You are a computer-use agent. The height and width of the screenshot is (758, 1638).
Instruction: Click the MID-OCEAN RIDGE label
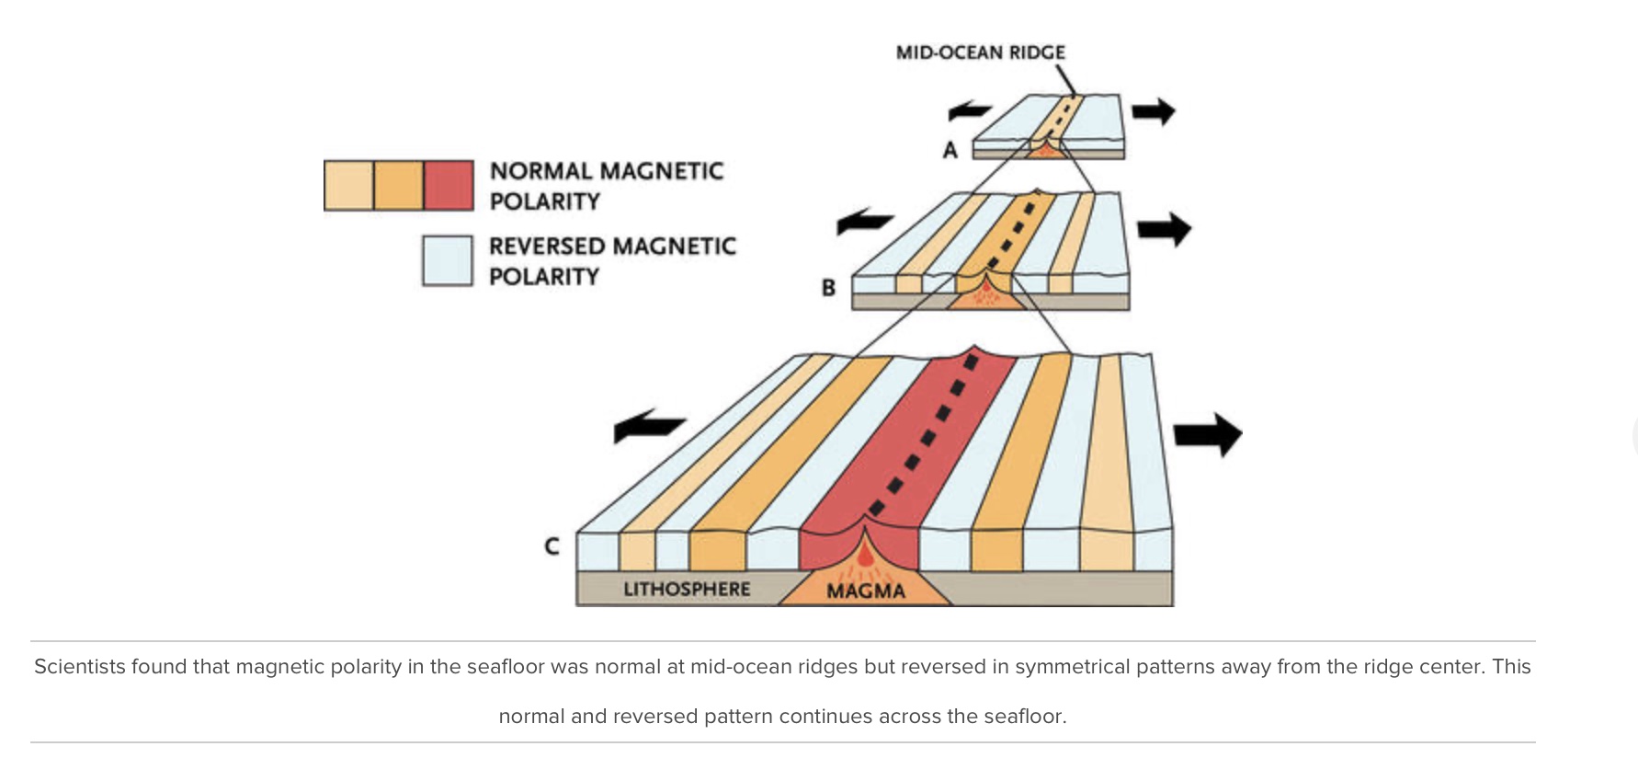(x=980, y=52)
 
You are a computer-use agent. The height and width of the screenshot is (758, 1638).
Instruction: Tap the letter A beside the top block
(x=950, y=150)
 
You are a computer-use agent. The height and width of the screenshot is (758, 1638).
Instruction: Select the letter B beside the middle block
(x=828, y=288)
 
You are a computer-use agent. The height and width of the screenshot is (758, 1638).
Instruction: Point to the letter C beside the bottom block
(x=552, y=546)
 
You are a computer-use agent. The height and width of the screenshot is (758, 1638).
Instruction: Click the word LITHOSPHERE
(x=687, y=590)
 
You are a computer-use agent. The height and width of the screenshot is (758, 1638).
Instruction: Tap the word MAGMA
(x=866, y=591)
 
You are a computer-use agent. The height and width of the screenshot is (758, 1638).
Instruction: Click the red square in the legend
(x=449, y=185)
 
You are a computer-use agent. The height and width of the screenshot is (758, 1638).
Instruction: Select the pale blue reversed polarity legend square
(x=448, y=260)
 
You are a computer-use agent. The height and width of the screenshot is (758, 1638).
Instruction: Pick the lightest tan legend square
(x=349, y=185)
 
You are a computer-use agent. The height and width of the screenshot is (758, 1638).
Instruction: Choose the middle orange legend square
(x=399, y=185)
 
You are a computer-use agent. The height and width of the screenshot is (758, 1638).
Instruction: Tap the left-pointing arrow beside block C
(x=648, y=426)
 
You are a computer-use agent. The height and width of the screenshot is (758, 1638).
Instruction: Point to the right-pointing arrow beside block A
(x=1154, y=111)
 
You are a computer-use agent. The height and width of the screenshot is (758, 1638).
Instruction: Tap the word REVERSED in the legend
(x=547, y=247)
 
